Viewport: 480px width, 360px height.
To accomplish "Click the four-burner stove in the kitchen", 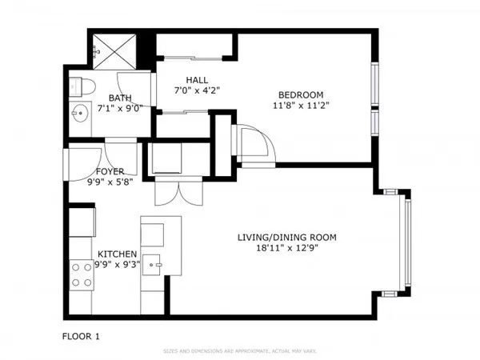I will [81, 275].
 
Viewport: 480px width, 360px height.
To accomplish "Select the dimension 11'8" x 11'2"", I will [301, 105].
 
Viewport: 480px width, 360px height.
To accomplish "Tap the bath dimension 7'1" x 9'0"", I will [120, 107].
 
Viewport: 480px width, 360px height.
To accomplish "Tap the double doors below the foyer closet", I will [171, 192].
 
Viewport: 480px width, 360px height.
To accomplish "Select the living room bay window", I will [406, 243].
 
